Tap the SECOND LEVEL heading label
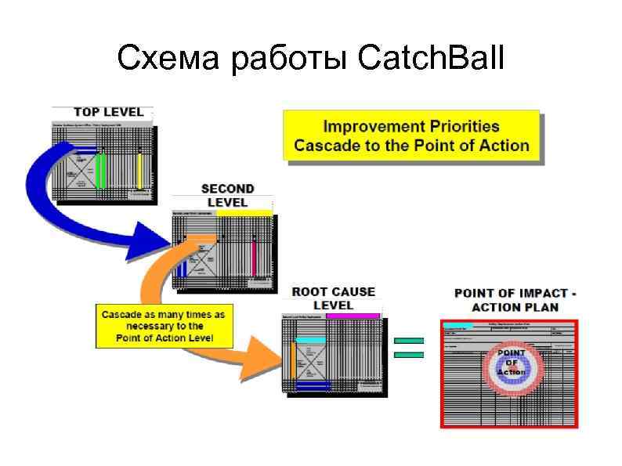click(227, 195)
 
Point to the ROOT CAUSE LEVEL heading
click(333, 298)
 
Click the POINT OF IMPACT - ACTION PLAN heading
click(515, 299)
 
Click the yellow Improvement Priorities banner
click(411, 135)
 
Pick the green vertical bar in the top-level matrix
click(101, 172)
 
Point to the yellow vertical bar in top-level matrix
click(139, 172)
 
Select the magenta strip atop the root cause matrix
click(353, 316)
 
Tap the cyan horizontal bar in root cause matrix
click(309, 339)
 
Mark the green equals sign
click(409, 348)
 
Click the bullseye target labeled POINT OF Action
click(511, 363)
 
